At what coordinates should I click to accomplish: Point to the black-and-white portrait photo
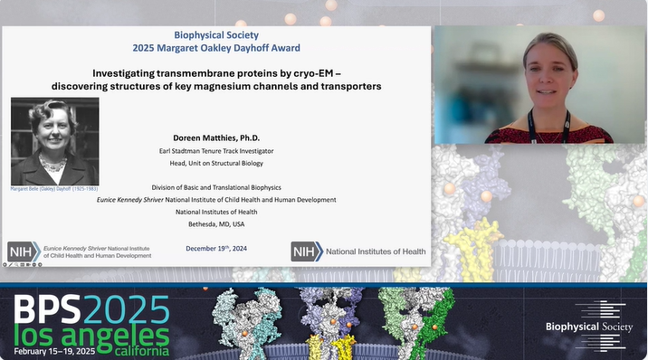pos(54,141)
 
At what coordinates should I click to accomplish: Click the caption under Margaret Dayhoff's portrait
pos(54,189)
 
